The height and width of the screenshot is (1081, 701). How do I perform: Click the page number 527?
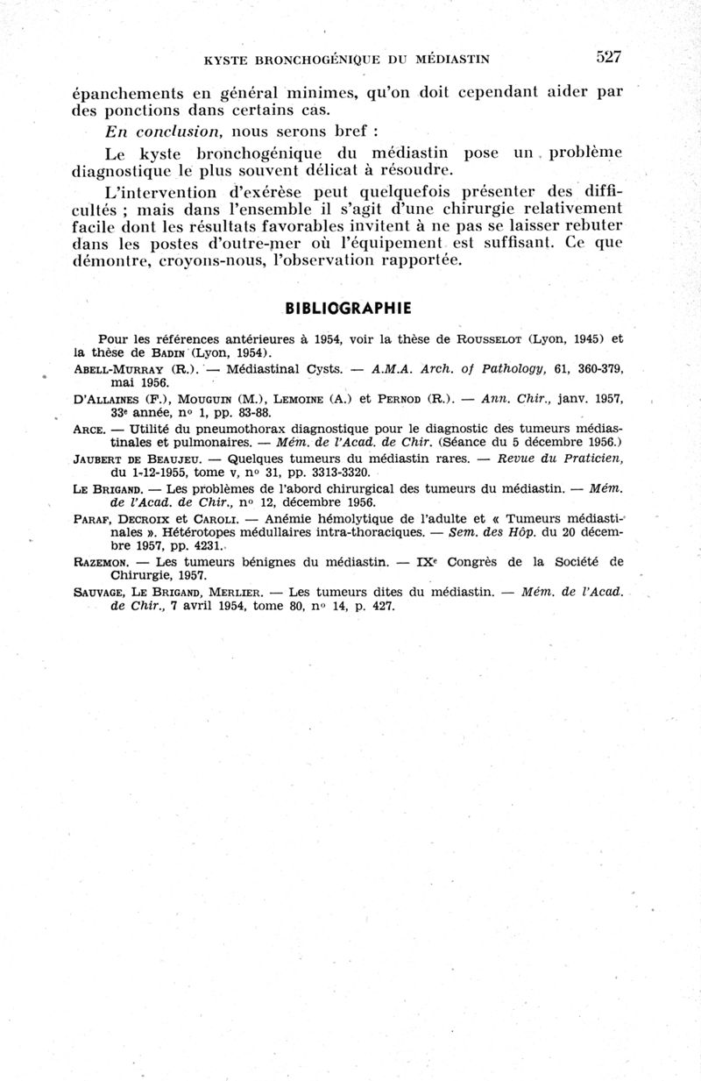[x=608, y=57]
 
